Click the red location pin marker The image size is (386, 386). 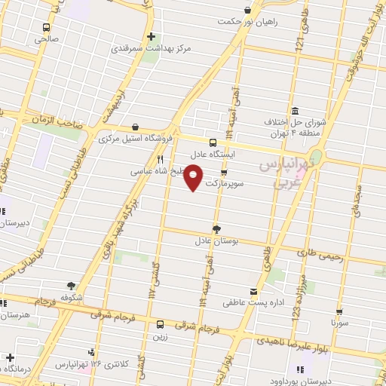click(x=195, y=179)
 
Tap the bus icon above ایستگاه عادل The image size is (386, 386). click(x=213, y=142)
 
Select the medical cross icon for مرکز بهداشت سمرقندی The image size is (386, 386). click(x=152, y=35)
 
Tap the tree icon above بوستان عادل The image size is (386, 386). click(x=217, y=228)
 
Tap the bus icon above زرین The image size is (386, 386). click(x=160, y=325)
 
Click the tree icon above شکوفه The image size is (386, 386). click(x=71, y=286)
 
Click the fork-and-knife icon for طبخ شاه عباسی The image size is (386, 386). click(x=160, y=159)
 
